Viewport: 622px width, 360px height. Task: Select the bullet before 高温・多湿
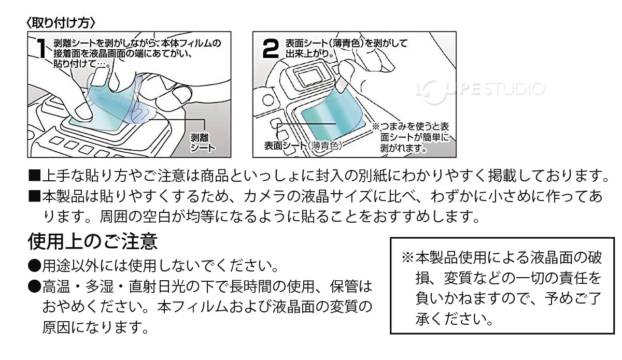(34, 286)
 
